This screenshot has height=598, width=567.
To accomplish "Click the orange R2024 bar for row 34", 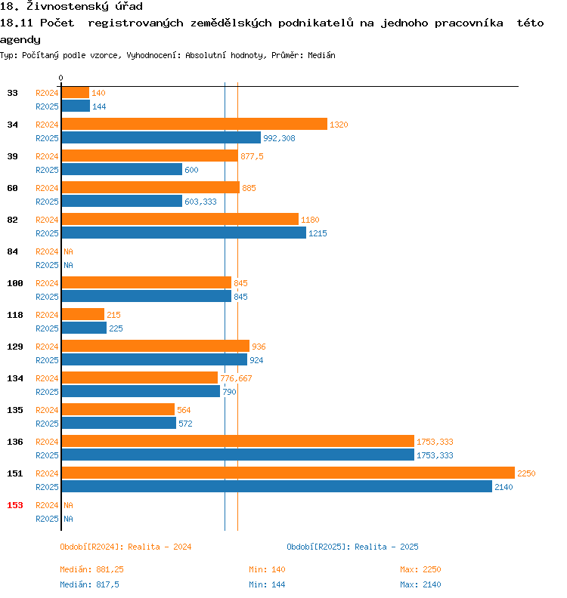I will [194, 125].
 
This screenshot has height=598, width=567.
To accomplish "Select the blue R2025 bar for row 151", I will [277, 487].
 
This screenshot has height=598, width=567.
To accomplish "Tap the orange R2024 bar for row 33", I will [75, 93].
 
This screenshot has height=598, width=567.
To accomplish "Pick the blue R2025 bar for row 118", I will [84, 328].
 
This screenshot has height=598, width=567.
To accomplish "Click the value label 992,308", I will [279, 138].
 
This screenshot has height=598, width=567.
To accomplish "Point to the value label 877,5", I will [252, 156].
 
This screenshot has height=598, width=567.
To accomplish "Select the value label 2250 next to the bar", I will [526, 473].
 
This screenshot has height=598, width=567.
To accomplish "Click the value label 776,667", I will [236, 378].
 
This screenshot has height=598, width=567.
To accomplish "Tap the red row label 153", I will [15, 505].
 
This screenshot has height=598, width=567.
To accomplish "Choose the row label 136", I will [15, 442].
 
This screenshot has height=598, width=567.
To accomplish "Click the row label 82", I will [13, 220].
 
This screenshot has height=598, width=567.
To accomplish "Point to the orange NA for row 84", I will [68, 251].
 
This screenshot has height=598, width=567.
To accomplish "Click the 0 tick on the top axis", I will [61, 79].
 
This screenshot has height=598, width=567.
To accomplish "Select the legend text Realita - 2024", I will [160, 547].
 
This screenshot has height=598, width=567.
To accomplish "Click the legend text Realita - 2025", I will [386, 547].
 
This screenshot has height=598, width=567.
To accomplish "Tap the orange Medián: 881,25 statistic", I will [91, 569].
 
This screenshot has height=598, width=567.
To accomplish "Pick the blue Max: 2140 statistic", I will [420, 584].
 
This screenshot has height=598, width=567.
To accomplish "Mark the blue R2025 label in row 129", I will [47, 360].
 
